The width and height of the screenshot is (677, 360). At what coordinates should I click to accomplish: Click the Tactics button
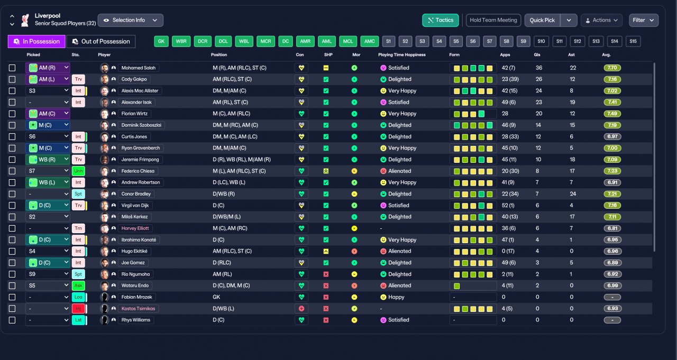click(x=441, y=20)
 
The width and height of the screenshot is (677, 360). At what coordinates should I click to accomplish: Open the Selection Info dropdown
click(x=131, y=20)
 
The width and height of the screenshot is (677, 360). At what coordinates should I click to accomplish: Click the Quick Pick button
click(x=542, y=20)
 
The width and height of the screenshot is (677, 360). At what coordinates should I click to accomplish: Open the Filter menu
click(x=644, y=20)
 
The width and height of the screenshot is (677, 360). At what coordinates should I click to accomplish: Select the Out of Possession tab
click(x=101, y=41)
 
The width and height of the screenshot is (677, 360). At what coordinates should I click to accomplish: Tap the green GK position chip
click(x=161, y=41)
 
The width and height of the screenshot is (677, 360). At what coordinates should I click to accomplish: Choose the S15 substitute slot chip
click(x=633, y=41)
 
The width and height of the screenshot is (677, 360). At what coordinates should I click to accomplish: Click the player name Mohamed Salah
click(x=139, y=68)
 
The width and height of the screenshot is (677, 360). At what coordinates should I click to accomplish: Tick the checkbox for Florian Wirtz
click(x=12, y=114)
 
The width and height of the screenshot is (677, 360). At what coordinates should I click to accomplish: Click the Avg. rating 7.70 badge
click(x=612, y=68)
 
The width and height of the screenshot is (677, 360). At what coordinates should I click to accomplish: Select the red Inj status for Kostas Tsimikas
click(x=78, y=308)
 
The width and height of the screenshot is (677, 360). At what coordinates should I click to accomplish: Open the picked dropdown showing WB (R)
click(x=48, y=160)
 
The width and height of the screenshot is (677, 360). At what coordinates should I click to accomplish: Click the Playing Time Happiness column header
click(x=401, y=54)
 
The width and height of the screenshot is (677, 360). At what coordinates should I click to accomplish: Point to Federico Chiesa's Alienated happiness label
click(x=399, y=171)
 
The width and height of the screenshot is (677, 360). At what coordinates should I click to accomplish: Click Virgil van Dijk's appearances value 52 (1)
click(x=508, y=205)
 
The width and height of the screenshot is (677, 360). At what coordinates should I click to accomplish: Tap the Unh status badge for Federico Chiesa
click(x=78, y=171)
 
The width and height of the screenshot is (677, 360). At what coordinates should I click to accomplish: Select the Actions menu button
click(x=601, y=20)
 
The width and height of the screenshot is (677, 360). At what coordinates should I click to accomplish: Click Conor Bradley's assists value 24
click(x=573, y=194)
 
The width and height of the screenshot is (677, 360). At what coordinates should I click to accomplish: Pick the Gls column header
click(x=537, y=54)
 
